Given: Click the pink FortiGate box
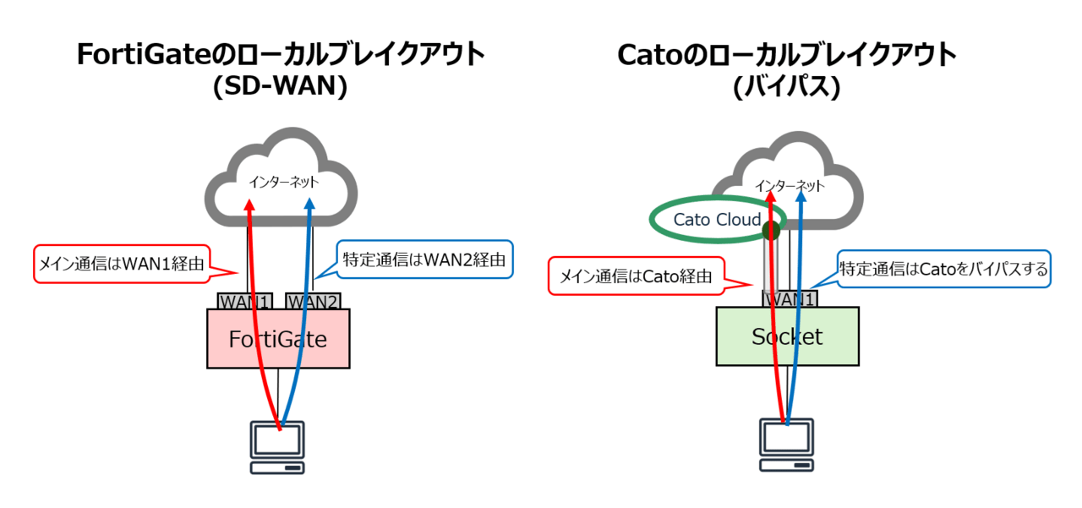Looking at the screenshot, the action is pyautogui.click(x=278, y=338).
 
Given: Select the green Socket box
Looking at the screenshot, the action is pyautogui.click(x=787, y=336).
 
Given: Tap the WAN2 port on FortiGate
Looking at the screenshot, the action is pyautogui.click(x=313, y=301).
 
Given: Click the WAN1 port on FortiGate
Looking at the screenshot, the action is pyautogui.click(x=245, y=301).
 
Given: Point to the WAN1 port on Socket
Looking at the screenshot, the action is pyautogui.click(x=790, y=299).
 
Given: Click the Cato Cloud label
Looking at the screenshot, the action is pyautogui.click(x=717, y=220).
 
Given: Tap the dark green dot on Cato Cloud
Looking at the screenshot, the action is pyautogui.click(x=771, y=231).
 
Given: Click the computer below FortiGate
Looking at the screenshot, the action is pyautogui.click(x=277, y=447).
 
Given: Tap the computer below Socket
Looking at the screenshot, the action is pyautogui.click(x=786, y=445).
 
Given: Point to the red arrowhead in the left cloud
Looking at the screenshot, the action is pyautogui.click(x=249, y=205).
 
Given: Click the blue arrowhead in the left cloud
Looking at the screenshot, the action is pyautogui.click(x=309, y=204).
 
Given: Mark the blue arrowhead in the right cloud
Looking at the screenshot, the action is pyautogui.click(x=801, y=197).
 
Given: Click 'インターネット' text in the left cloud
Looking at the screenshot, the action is pyautogui.click(x=283, y=182).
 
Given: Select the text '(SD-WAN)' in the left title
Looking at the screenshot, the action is pyautogui.click(x=280, y=86).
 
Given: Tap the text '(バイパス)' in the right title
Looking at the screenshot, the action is pyautogui.click(x=787, y=87).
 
